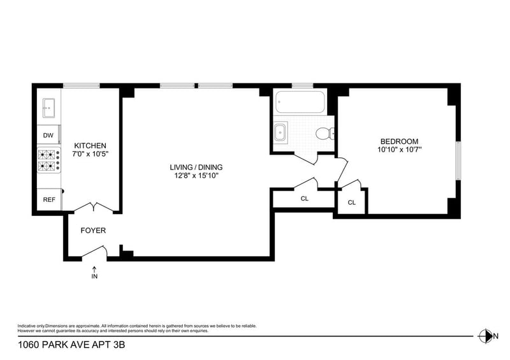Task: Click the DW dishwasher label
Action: (x=48, y=135)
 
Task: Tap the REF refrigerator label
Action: (x=49, y=199)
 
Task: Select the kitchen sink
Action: (x=49, y=108)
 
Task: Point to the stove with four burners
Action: (x=49, y=160)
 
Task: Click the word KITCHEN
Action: (x=90, y=146)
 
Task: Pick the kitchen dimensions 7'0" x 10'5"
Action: (x=90, y=154)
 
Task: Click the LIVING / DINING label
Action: (x=196, y=167)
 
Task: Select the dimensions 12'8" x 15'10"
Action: (x=196, y=176)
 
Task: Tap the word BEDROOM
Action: (x=400, y=141)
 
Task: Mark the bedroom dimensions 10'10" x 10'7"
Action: (x=400, y=150)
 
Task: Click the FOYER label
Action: (x=93, y=231)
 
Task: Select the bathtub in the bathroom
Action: (x=300, y=102)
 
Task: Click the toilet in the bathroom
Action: (x=325, y=133)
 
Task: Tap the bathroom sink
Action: (x=280, y=132)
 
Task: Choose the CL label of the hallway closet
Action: (x=305, y=199)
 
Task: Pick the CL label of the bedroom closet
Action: (x=352, y=203)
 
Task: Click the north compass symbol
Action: (x=485, y=336)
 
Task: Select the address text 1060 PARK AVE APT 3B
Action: (x=71, y=345)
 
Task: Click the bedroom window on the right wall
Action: (x=458, y=161)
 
